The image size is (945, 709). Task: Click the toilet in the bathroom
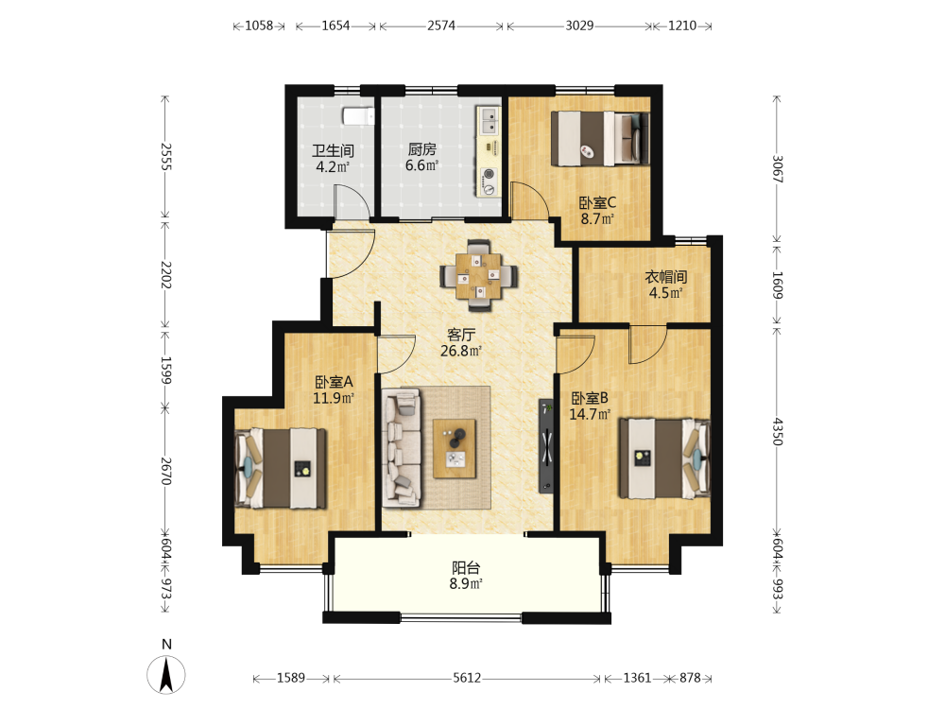pyautogui.click(x=358, y=115)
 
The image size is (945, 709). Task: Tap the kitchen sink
pyautogui.click(x=489, y=121)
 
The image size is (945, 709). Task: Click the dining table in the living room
pyautogui.click(x=478, y=276)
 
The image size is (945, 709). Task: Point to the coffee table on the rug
pyautogui.click(x=455, y=449)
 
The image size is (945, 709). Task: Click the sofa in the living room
pyautogui.click(x=402, y=447)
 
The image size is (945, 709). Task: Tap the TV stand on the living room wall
pyautogui.click(x=546, y=445)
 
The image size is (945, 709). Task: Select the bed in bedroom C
pyautogui.click(x=600, y=138)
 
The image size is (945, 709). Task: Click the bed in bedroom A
pyautogui.click(x=281, y=468)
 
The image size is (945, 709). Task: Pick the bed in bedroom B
pyautogui.click(x=664, y=458)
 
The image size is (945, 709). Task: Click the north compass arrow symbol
pyautogui.click(x=166, y=675)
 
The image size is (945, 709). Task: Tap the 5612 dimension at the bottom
pyautogui.click(x=467, y=678)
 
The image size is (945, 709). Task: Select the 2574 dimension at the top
pyautogui.click(x=441, y=26)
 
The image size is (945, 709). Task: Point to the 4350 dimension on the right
pyautogui.click(x=778, y=431)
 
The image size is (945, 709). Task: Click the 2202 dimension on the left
pyautogui.click(x=165, y=275)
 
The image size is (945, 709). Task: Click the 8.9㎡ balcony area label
pyautogui.click(x=466, y=583)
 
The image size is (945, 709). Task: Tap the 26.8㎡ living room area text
pyautogui.click(x=461, y=351)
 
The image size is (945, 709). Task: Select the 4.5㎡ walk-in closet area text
pyautogui.click(x=665, y=293)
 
